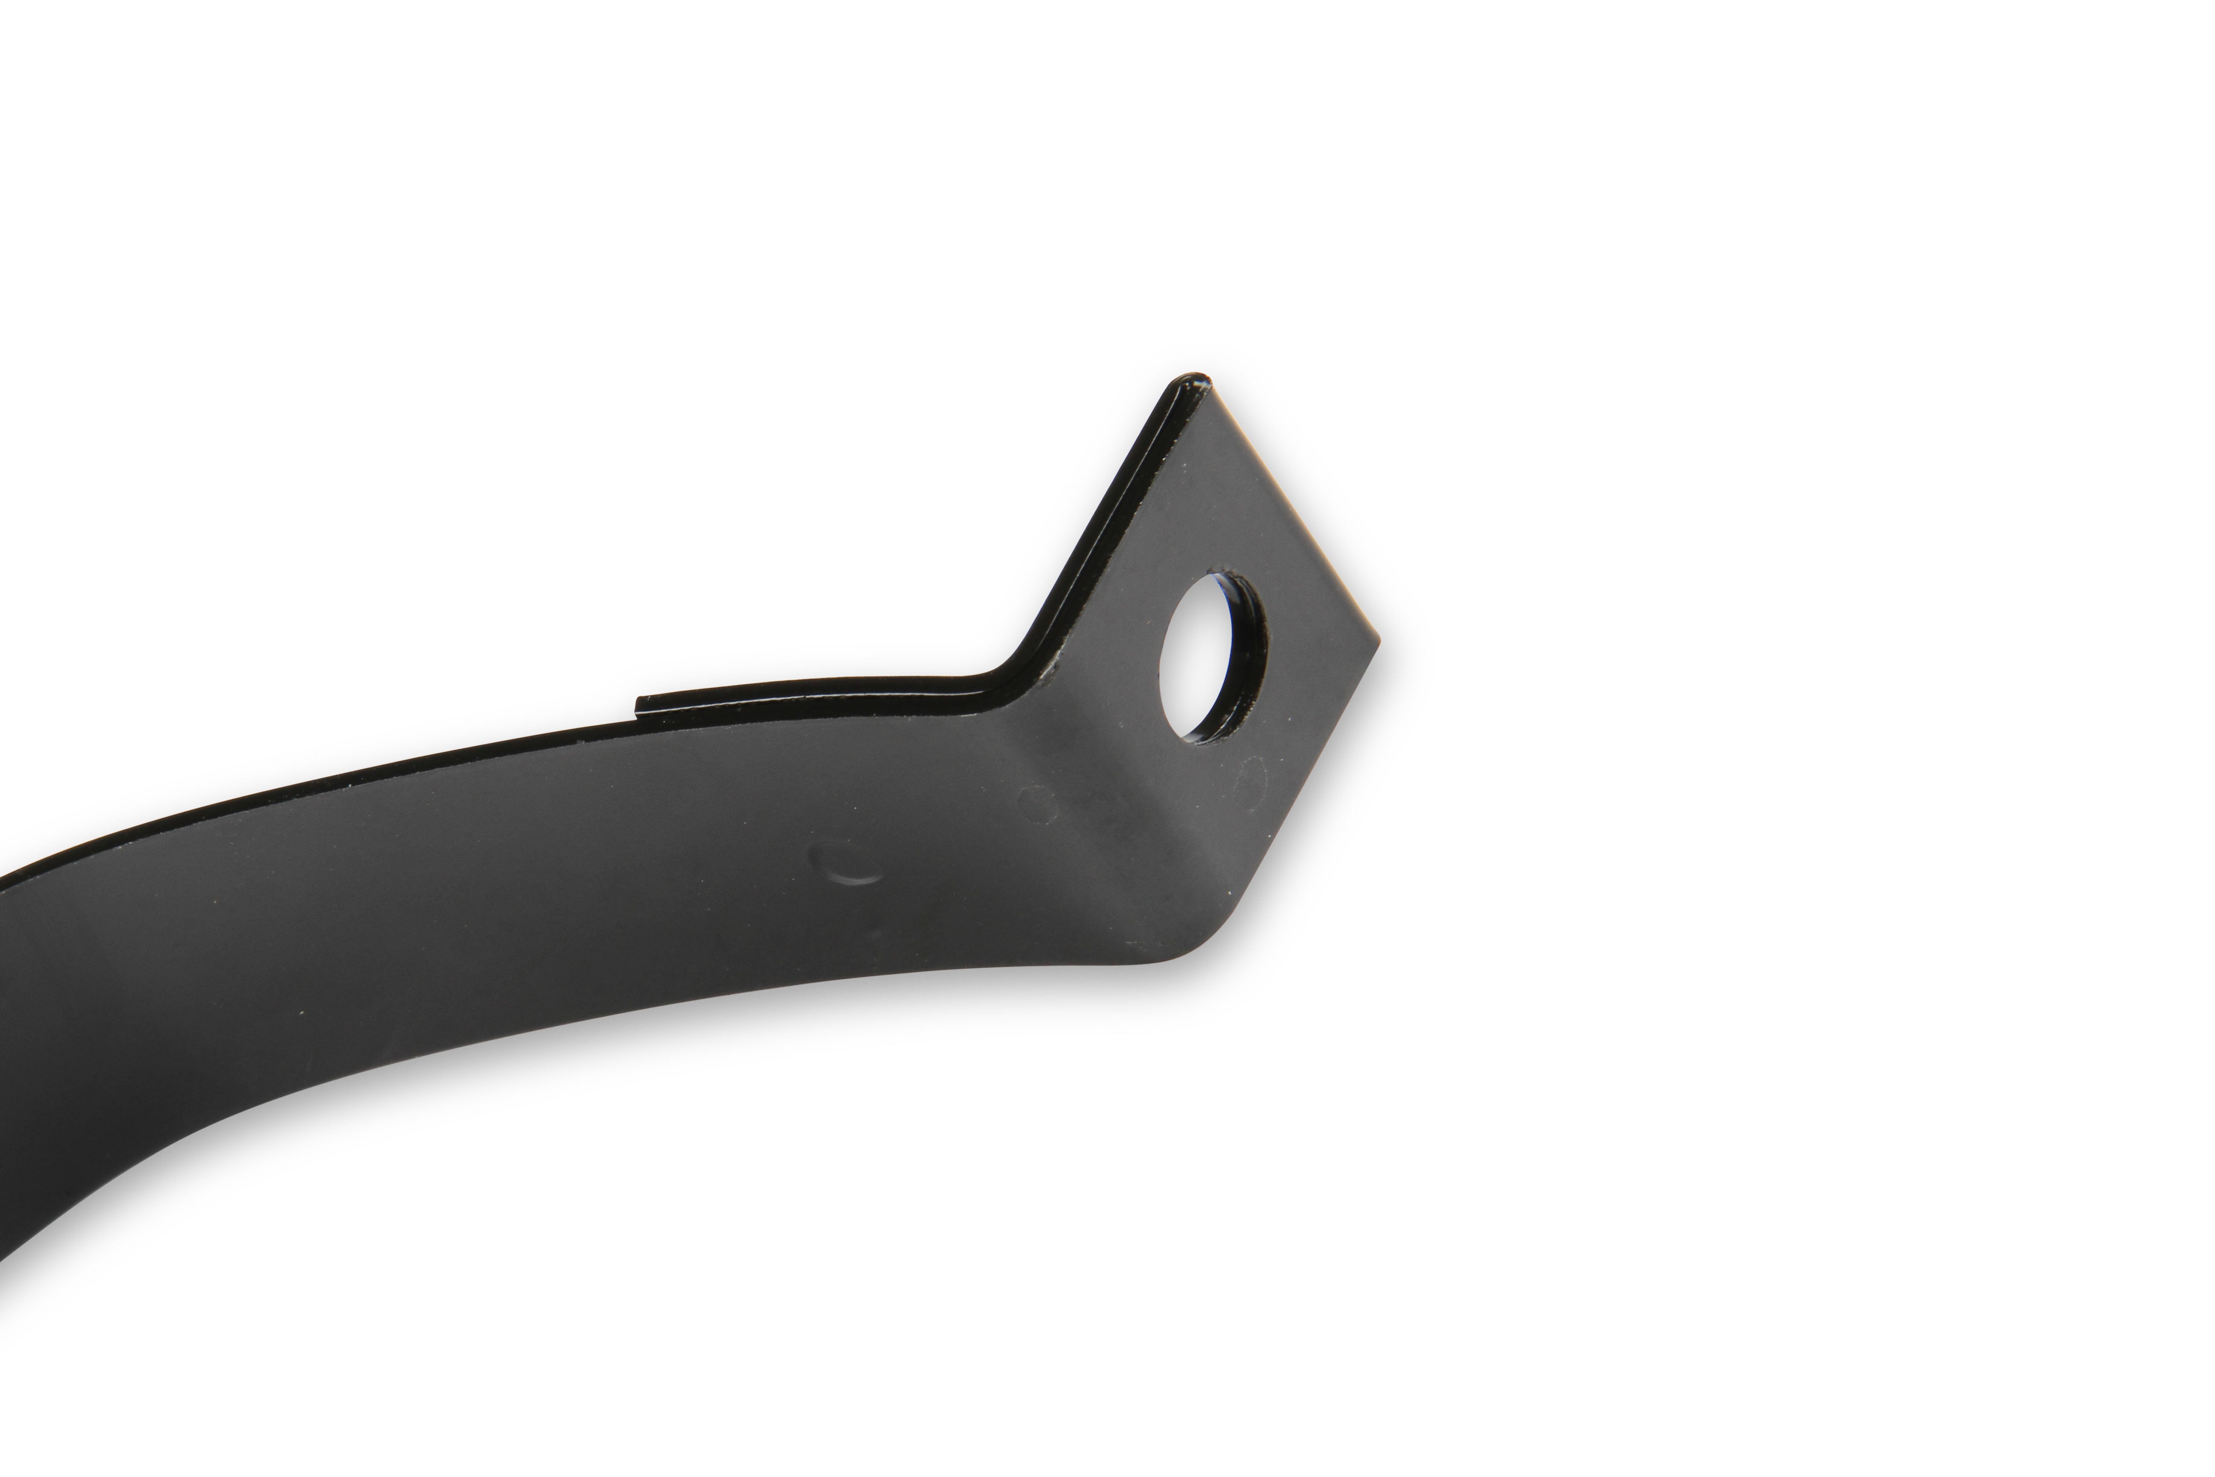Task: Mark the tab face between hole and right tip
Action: tap(1314, 641)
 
